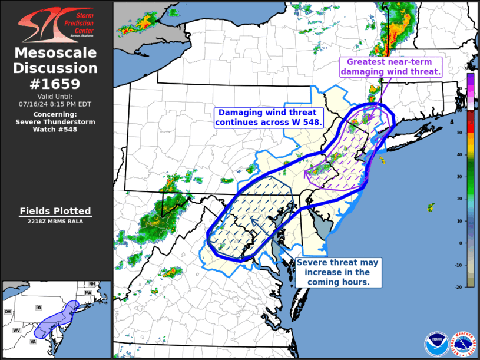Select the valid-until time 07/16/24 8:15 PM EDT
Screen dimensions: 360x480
click(x=55, y=104)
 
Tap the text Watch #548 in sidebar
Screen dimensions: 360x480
click(x=55, y=130)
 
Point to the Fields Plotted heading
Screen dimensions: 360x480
click(x=55, y=210)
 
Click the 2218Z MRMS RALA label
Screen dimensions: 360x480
click(x=55, y=221)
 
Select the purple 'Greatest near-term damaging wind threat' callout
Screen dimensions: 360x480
click(x=390, y=67)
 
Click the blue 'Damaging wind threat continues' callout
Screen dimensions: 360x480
click(x=268, y=117)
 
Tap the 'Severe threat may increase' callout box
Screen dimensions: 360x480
click(x=338, y=273)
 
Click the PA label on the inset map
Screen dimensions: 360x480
click(x=38, y=308)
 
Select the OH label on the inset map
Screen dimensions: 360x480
click(x=8, y=312)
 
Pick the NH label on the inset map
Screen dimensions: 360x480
click(x=92, y=284)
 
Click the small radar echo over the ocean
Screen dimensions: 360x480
click(x=431, y=207)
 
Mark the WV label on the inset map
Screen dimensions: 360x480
click(x=16, y=331)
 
